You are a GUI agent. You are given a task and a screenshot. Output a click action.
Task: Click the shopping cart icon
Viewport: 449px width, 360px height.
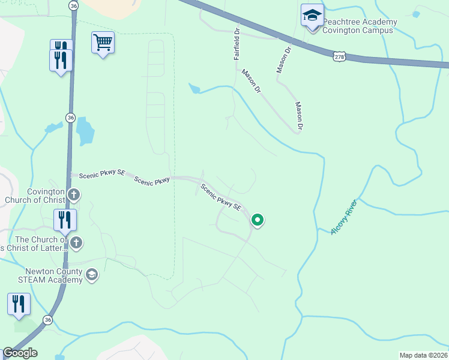[x=103, y=43]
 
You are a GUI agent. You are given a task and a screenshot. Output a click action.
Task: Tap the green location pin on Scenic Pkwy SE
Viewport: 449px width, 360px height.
[x=258, y=220]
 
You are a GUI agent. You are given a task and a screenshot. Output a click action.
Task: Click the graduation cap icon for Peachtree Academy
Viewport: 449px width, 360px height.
[x=312, y=15]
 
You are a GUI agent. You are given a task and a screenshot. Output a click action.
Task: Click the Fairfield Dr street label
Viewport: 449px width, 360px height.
[x=237, y=44]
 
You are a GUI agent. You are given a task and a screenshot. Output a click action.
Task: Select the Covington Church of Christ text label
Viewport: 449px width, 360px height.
[x=34, y=196]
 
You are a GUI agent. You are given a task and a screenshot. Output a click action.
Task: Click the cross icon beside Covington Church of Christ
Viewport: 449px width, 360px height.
[x=74, y=194]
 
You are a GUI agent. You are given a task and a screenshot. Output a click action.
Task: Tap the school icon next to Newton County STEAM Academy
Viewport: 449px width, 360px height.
[x=91, y=275]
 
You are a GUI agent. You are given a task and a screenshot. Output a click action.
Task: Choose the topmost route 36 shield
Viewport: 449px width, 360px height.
[x=73, y=5]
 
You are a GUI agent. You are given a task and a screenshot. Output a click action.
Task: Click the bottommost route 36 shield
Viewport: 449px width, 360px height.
[x=48, y=320]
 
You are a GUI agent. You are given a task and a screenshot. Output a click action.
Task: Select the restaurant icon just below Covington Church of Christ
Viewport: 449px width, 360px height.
[x=65, y=220]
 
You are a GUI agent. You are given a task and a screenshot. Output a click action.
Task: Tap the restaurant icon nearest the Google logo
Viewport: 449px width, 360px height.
[x=19, y=304]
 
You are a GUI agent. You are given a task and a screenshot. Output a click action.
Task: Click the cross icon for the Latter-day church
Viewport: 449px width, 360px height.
[x=76, y=242]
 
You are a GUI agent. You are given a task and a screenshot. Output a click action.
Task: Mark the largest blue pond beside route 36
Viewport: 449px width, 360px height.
[x=85, y=130]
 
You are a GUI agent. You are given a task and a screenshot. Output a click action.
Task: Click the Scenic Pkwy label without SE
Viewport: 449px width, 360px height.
[x=152, y=179]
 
